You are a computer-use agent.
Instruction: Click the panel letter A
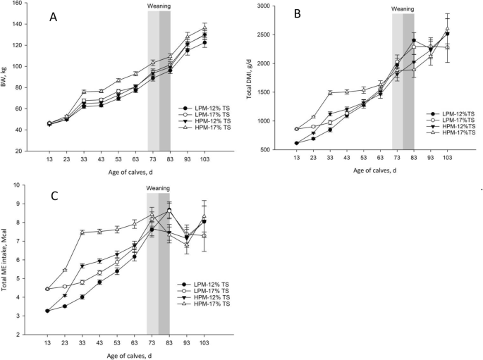(x=53, y=17)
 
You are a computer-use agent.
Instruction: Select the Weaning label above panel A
(x=159, y=6)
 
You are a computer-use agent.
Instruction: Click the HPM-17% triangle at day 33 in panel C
(x=82, y=232)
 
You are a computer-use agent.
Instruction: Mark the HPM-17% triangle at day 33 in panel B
(x=330, y=92)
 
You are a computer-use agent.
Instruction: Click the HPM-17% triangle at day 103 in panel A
(x=204, y=27)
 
